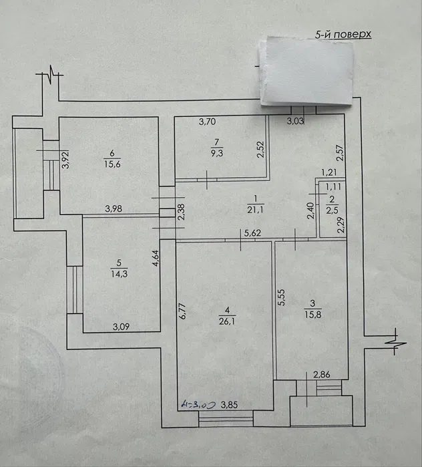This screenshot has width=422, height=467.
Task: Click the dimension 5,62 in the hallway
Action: pyautogui.click(x=253, y=233)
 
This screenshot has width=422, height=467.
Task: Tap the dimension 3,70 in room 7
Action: pyautogui.click(x=208, y=122)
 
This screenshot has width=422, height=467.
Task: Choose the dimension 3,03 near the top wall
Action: pyautogui.click(x=295, y=121)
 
